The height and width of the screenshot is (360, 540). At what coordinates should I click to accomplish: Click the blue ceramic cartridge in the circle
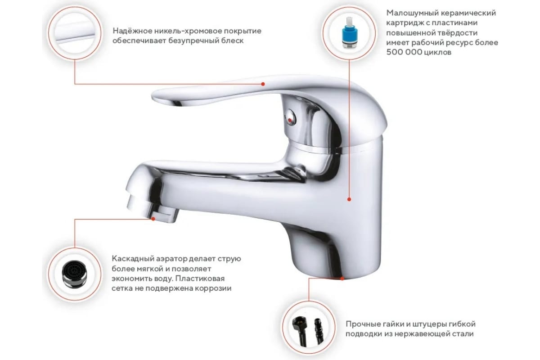pyautogui.click(x=348, y=33)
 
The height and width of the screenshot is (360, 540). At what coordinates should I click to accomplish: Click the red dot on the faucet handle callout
pyautogui.click(x=263, y=84)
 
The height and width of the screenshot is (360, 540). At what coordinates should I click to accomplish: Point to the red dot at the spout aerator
pyautogui.click(x=153, y=218)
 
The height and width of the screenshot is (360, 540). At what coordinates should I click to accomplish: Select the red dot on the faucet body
pyautogui.click(x=349, y=199)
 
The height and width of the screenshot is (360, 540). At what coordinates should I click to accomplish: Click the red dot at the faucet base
pyautogui.click(x=342, y=279)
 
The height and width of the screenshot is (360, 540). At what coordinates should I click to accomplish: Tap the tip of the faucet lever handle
pyautogui.click(x=153, y=96)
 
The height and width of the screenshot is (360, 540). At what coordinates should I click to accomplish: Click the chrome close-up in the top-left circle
pyautogui.click(x=75, y=32)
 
